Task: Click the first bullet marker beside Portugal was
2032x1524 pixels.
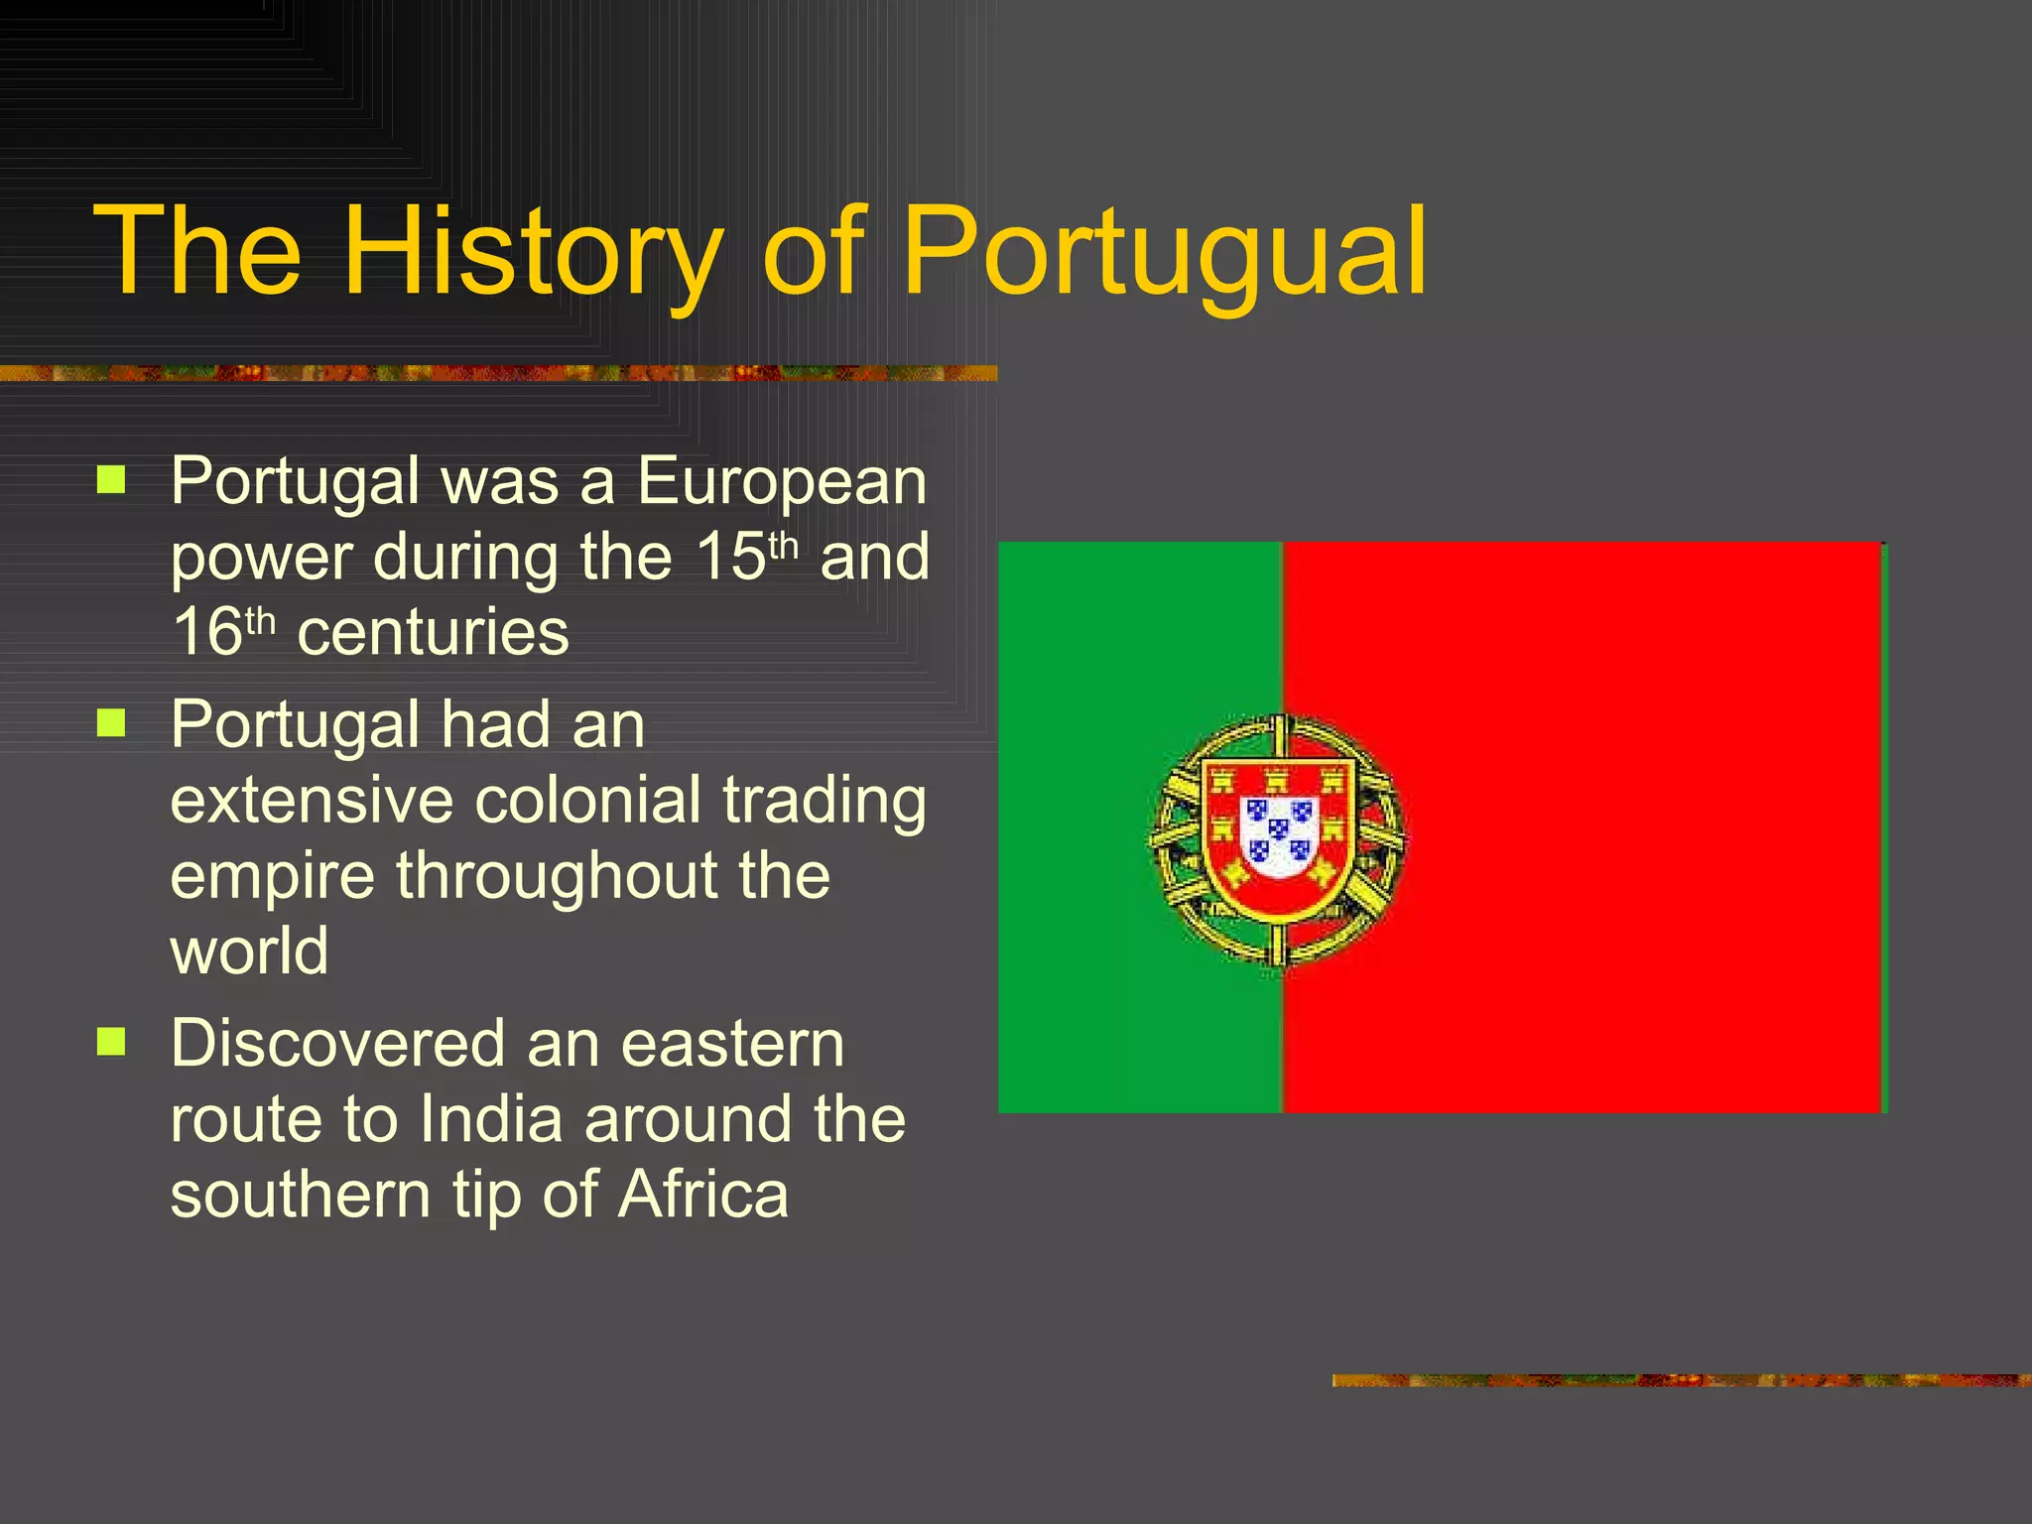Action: pyautogui.click(x=111, y=481)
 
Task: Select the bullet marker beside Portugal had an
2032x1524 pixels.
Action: pyautogui.click(x=111, y=723)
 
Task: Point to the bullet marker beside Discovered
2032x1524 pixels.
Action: pyautogui.click(x=111, y=1042)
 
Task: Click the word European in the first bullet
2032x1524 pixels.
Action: pyautogui.click(x=782, y=481)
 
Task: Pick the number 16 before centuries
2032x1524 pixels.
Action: pyautogui.click(x=207, y=632)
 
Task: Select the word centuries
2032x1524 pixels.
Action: pyautogui.click(x=433, y=632)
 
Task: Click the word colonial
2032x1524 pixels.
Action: pyautogui.click(x=588, y=800)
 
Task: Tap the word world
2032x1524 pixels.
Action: pyautogui.click(x=249, y=951)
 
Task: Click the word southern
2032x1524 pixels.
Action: pyautogui.click(x=301, y=1195)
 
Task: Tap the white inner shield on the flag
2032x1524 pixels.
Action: pyautogui.click(x=1279, y=834)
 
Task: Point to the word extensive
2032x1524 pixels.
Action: pyautogui.click(x=312, y=800)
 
